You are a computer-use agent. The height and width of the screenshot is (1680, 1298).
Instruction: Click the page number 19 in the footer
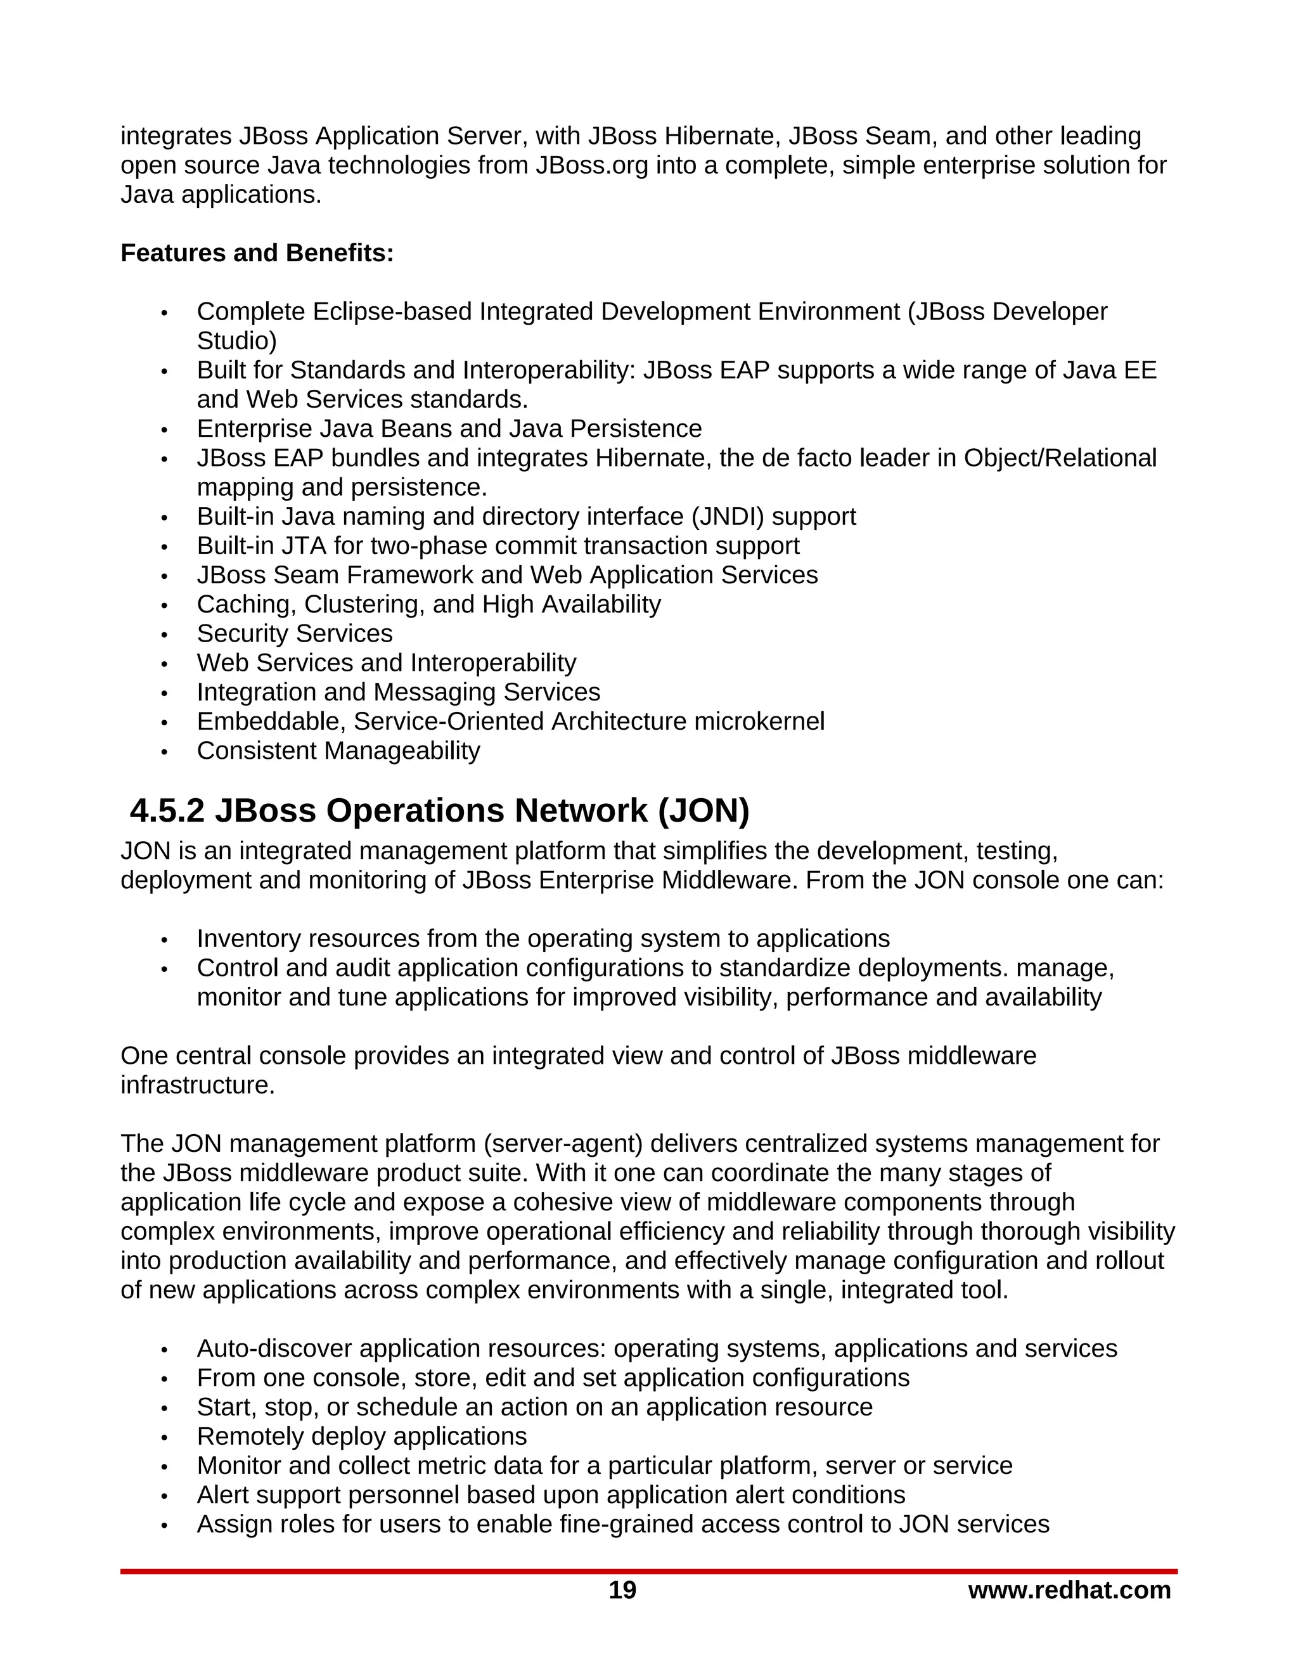(x=622, y=1590)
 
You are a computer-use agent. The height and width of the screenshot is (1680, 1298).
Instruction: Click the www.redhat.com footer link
(x=1069, y=1590)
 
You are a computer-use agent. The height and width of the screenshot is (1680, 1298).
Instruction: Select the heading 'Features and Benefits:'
(x=257, y=253)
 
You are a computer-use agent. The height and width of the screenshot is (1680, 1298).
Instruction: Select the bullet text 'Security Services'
(x=295, y=633)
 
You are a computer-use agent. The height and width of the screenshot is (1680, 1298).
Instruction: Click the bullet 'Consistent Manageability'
(x=338, y=750)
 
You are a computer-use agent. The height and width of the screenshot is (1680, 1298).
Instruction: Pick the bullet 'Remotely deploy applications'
(x=361, y=1436)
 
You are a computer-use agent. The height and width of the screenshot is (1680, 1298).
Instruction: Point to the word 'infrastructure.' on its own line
(x=198, y=1085)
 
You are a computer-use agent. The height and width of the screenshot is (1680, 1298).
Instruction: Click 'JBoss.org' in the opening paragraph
(x=592, y=165)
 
